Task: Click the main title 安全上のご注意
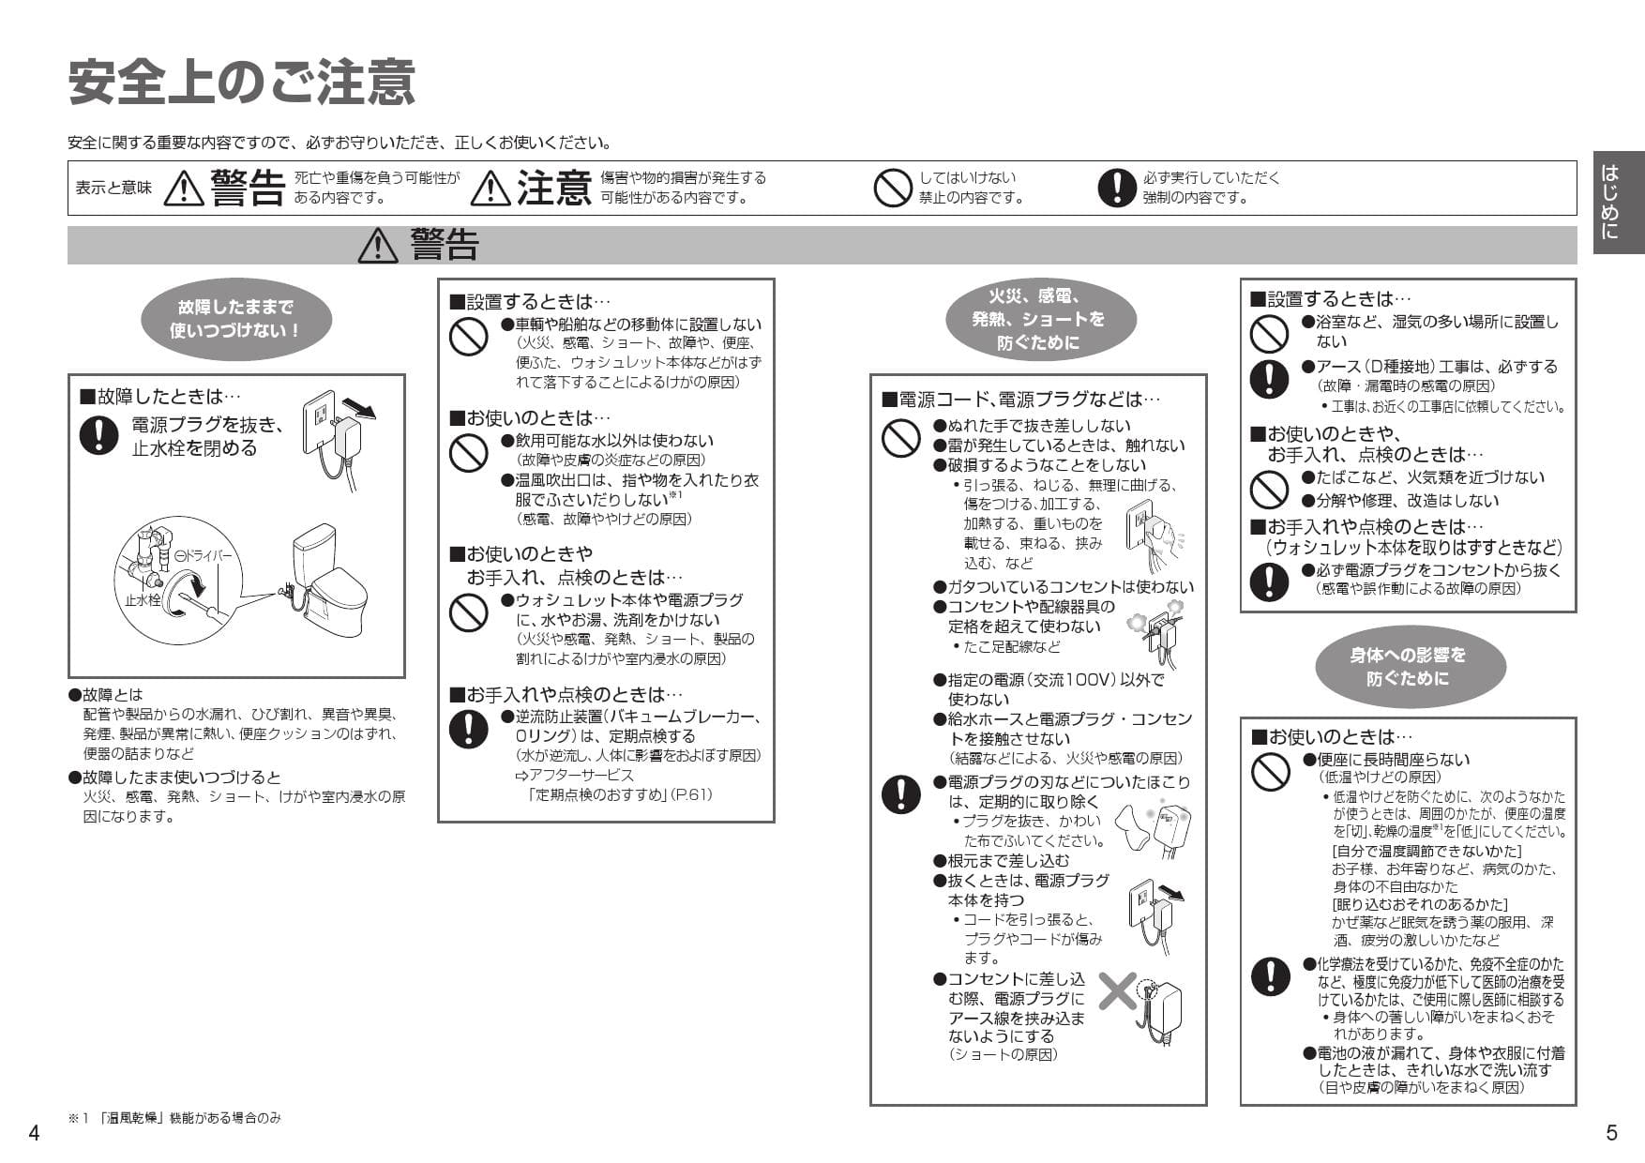pos(242,83)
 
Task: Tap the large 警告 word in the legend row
pos(248,188)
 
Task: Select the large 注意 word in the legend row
pos(553,188)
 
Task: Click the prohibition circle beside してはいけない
pos(892,188)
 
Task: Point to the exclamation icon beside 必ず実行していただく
pos(1116,188)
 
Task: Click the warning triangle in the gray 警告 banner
pos(378,245)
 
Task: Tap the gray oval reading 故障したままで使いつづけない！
pos(235,319)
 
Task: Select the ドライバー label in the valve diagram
pos(204,555)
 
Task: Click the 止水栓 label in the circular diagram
pos(143,598)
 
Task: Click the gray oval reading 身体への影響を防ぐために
pos(1409,667)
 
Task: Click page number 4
pos(34,1133)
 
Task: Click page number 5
pos(1611,1133)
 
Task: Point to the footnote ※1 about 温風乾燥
pos(174,1118)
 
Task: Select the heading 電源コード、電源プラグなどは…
pos(1020,400)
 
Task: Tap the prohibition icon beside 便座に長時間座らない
pos(1270,771)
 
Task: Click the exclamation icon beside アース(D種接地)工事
pos(1269,377)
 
